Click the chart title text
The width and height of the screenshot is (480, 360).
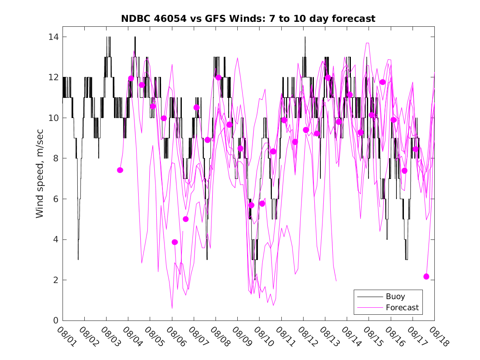coord(248,19)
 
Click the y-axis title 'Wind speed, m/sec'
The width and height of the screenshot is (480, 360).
coord(39,179)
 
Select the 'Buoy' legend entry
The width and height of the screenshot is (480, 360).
coord(395,297)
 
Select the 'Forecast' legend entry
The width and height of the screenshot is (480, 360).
coord(402,307)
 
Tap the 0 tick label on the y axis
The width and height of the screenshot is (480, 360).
coord(54,321)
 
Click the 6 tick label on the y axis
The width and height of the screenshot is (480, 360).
coord(54,199)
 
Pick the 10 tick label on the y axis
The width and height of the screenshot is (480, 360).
coord(52,118)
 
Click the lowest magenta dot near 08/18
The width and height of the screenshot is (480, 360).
coord(426,276)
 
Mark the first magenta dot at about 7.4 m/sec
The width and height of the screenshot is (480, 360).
coord(120,170)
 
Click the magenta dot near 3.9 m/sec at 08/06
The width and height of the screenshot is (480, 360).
coord(175,242)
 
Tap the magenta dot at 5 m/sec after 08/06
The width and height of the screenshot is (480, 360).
coord(186,219)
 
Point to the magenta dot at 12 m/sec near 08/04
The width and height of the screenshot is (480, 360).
coord(131,79)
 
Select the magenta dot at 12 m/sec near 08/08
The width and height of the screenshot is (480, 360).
coord(218,77)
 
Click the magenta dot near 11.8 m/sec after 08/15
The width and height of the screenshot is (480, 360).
coord(383,82)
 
